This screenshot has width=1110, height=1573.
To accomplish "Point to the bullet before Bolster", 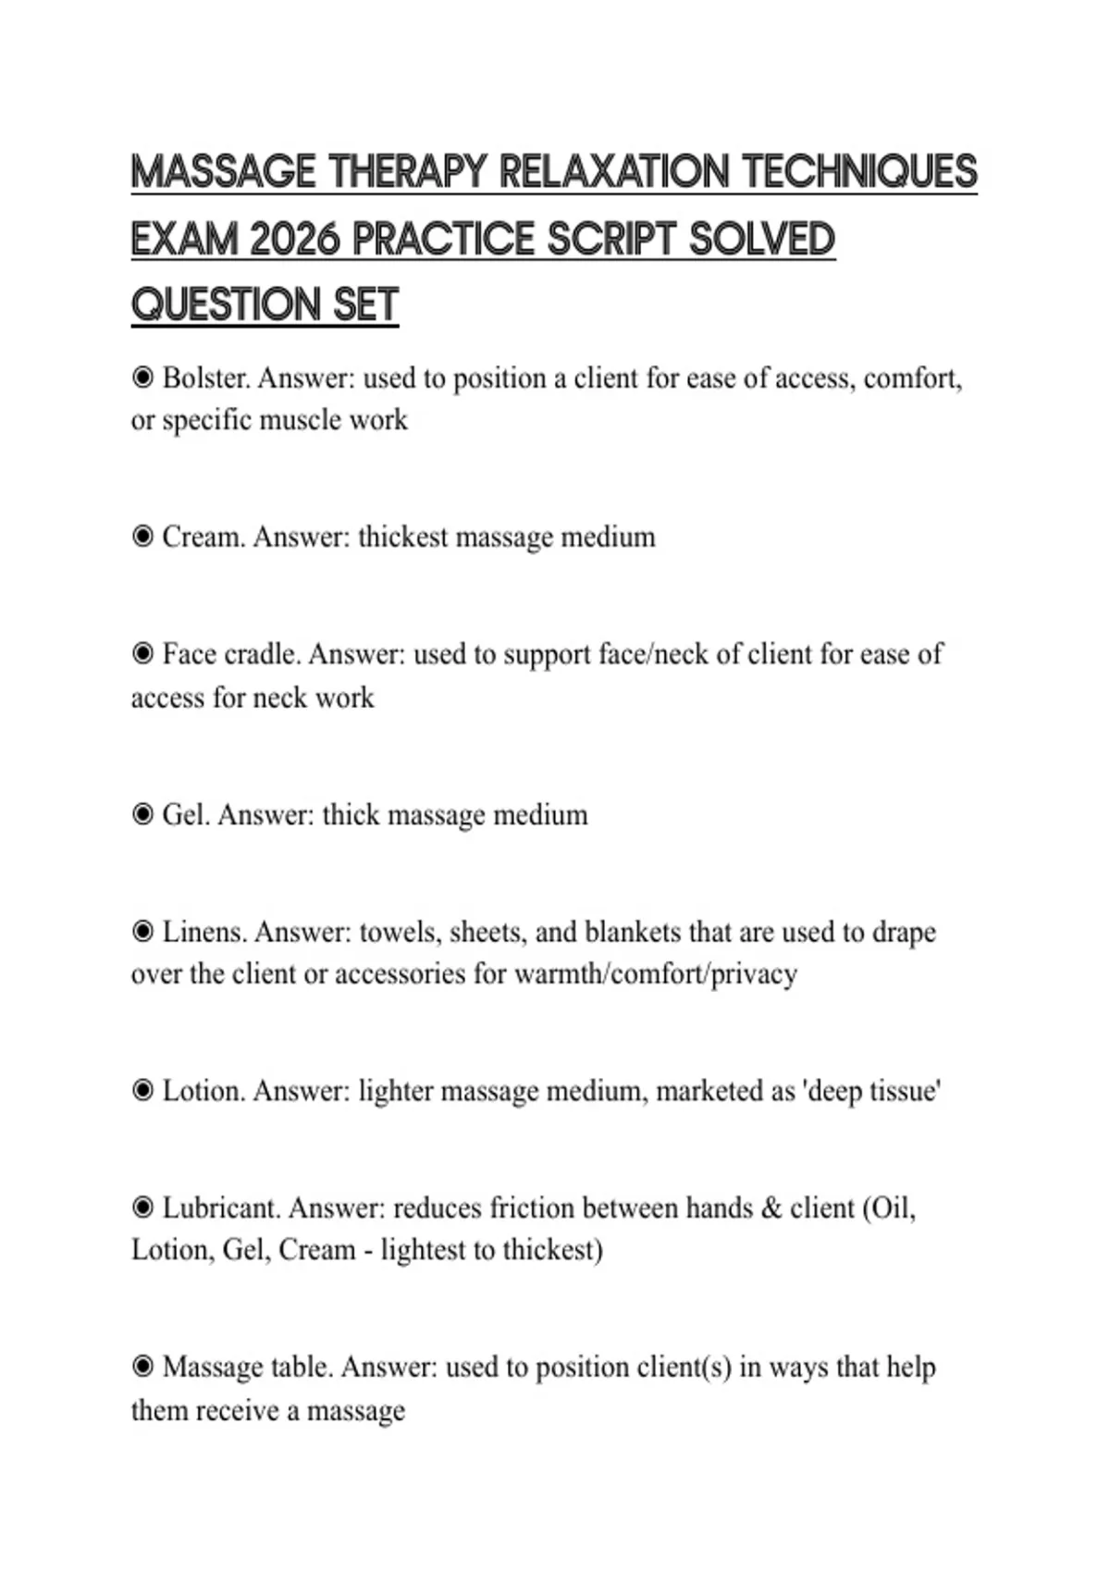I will (x=142, y=378).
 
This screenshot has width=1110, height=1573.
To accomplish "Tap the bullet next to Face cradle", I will (x=142, y=654).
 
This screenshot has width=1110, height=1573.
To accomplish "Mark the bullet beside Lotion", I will (x=142, y=1091).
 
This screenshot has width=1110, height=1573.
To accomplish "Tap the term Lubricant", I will (x=221, y=1208).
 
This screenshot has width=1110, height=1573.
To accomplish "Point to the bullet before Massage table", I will (x=142, y=1367).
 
